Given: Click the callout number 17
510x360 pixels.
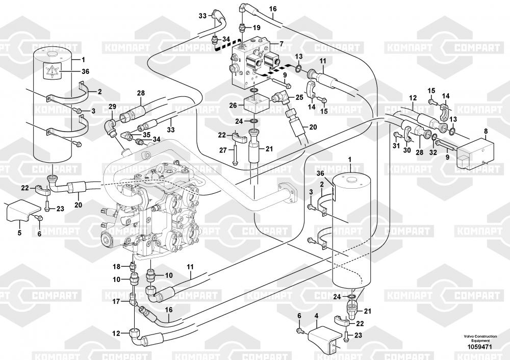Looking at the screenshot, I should [x=117, y=302].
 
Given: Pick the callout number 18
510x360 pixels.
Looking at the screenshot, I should [x=117, y=266].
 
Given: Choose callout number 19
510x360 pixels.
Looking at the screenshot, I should [x=257, y=27].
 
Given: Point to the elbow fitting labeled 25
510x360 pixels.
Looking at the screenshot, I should [x=282, y=97].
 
